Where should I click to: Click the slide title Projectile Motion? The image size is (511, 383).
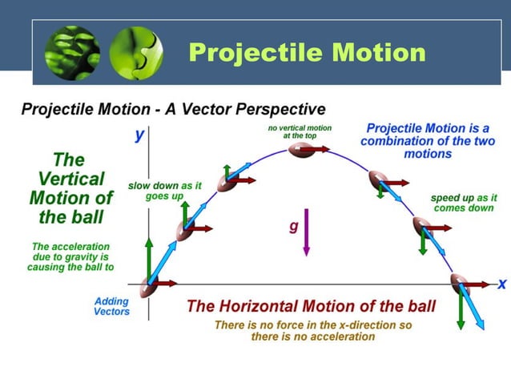click(307, 53)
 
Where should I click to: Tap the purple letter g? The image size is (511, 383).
click(293, 227)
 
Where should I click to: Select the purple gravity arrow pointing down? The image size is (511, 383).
click(306, 233)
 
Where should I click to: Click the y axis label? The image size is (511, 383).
click(139, 135)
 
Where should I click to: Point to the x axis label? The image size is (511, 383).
click(501, 284)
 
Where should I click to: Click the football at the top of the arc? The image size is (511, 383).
click(301, 150)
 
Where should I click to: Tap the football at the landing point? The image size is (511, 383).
click(459, 282)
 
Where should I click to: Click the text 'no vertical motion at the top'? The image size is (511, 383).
click(299, 132)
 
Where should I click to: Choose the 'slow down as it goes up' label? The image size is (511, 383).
click(165, 191)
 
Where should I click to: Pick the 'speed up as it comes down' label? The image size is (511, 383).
click(464, 203)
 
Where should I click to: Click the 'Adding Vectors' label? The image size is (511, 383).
click(111, 306)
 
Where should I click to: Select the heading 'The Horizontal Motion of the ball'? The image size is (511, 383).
click(311, 306)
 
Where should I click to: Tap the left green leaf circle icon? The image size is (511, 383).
click(72, 53)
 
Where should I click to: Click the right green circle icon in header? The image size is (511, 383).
click(135, 53)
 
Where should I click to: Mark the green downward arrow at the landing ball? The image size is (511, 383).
click(461, 308)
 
